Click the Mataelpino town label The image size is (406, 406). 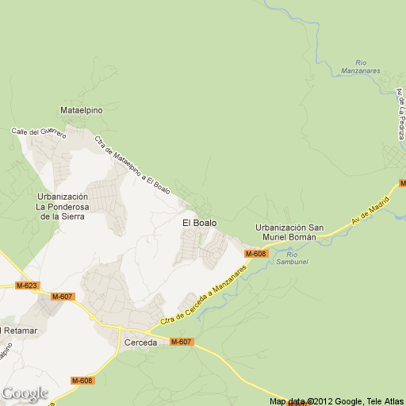point(82,110)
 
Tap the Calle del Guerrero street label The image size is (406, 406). point(39,132)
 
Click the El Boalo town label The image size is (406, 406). point(199,223)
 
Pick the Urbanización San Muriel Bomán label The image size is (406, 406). point(285,232)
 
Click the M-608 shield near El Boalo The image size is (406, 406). point(256,254)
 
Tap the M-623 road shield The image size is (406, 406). point(27,285)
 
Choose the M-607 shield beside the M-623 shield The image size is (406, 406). point(62,297)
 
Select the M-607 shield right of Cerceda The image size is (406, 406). point(181,342)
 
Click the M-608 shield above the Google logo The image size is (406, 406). point(82,381)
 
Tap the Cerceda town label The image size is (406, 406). point(140,343)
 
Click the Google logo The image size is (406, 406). point(25,393)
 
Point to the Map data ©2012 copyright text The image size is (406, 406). point(337,400)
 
